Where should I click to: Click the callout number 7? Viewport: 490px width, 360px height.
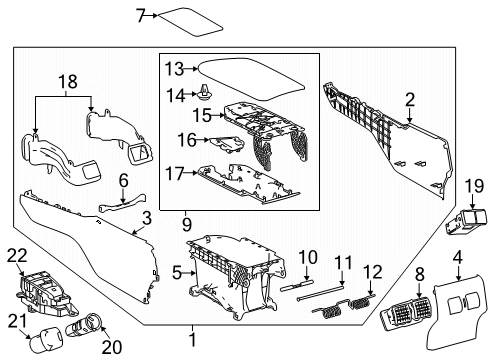pos(141,14)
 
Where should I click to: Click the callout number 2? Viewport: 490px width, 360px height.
pos(410,98)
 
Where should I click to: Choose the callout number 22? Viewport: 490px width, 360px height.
pos(14,258)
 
